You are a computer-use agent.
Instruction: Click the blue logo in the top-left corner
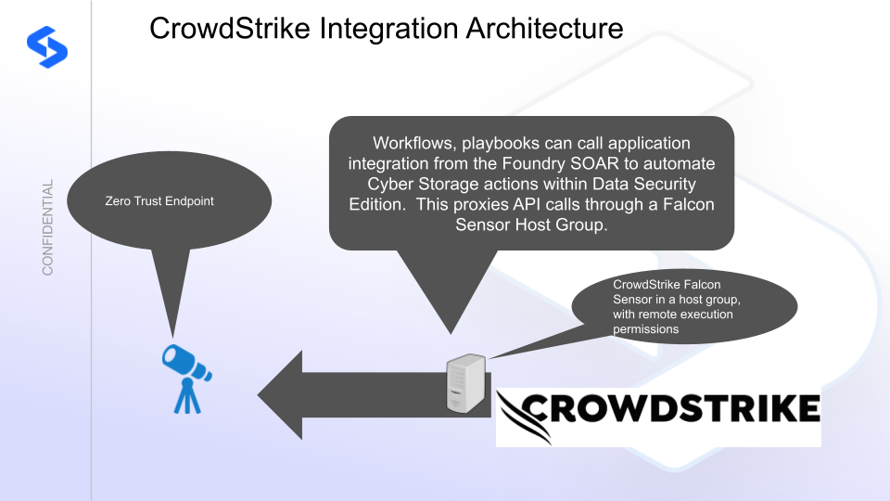(46, 44)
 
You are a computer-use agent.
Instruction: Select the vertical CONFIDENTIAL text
(48, 227)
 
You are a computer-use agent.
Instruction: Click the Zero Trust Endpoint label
(160, 200)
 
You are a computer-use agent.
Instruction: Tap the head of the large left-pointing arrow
(287, 395)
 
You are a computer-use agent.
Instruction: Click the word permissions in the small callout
(646, 328)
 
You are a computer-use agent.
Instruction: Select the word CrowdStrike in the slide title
(229, 29)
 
